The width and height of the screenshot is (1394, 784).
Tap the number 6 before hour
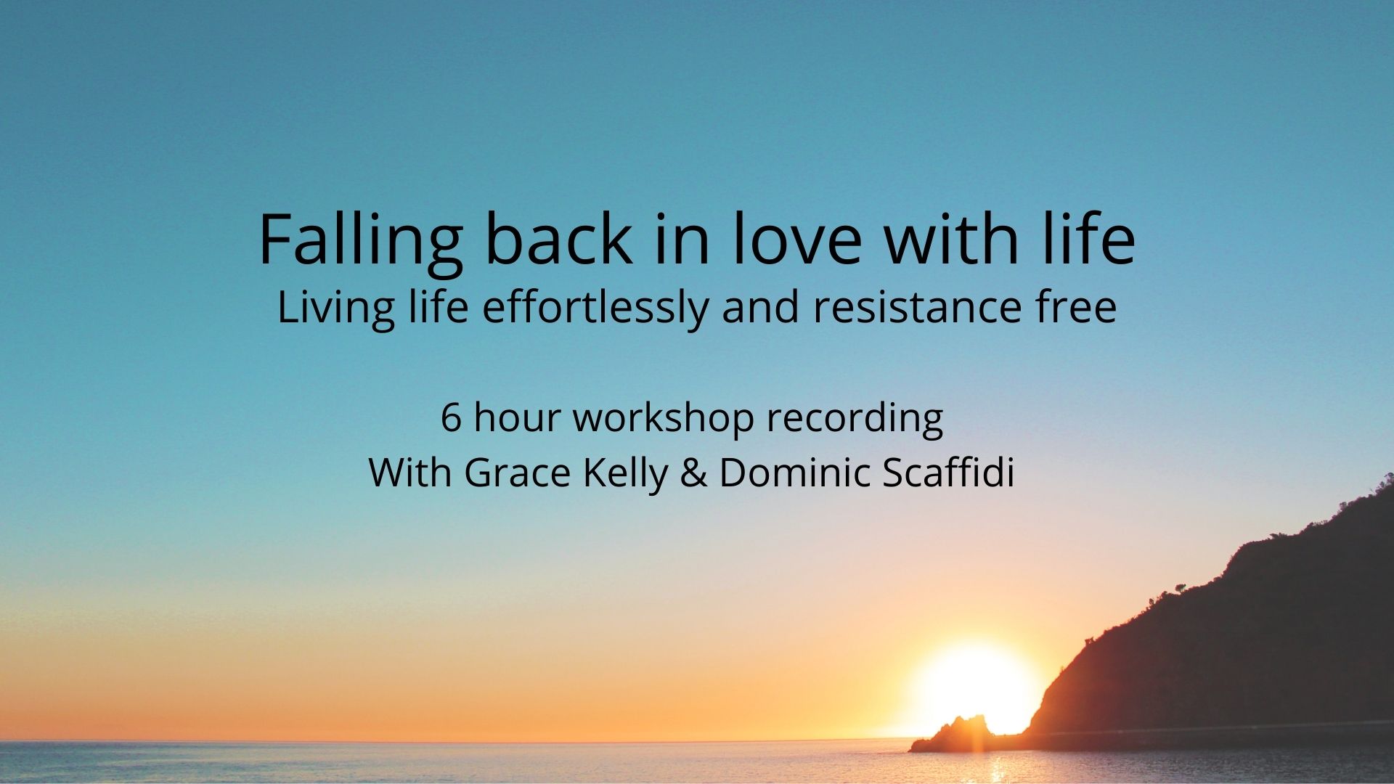451,419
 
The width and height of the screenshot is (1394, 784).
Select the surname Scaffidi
947,473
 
